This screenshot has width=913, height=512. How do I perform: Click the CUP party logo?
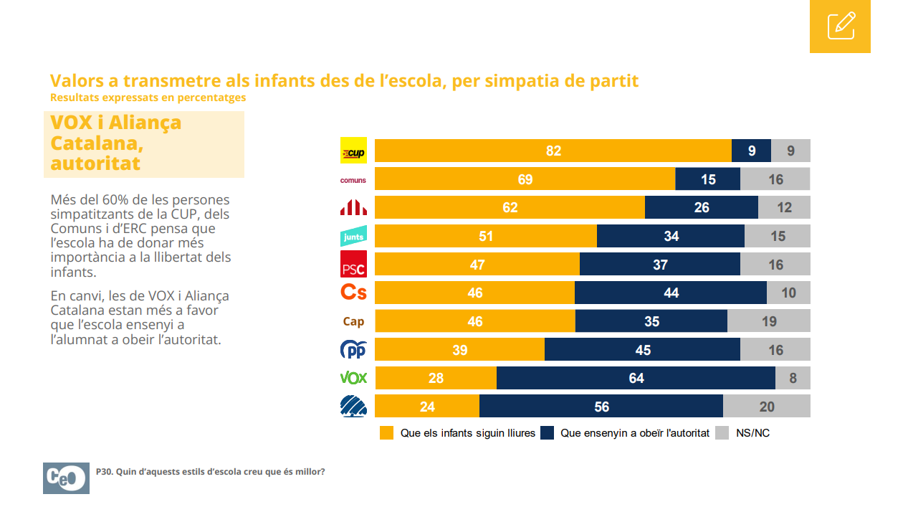click(353, 151)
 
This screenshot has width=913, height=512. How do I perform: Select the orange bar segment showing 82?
click(553, 151)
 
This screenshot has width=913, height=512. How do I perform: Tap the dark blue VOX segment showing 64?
click(636, 378)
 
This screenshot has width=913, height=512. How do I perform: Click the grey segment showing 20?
click(766, 407)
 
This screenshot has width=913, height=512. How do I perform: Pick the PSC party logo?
click(353, 265)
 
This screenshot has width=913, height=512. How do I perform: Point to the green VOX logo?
click(353, 378)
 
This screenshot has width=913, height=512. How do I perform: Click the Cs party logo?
click(353, 293)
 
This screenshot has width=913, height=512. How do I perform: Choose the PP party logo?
click(353, 350)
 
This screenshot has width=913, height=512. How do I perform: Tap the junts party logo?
click(353, 236)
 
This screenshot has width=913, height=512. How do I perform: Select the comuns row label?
click(353, 180)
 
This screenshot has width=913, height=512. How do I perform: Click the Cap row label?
click(353, 322)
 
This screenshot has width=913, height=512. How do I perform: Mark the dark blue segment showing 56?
click(601, 407)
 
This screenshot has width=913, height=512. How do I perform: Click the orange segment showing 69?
click(525, 179)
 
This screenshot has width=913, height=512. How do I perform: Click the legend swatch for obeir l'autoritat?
click(548, 433)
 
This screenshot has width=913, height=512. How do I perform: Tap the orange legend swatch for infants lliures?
click(387, 433)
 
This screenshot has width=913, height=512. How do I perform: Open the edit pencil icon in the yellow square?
click(840, 26)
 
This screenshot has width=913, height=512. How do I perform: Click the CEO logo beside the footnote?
click(66, 478)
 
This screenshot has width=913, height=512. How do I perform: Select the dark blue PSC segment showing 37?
click(660, 265)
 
